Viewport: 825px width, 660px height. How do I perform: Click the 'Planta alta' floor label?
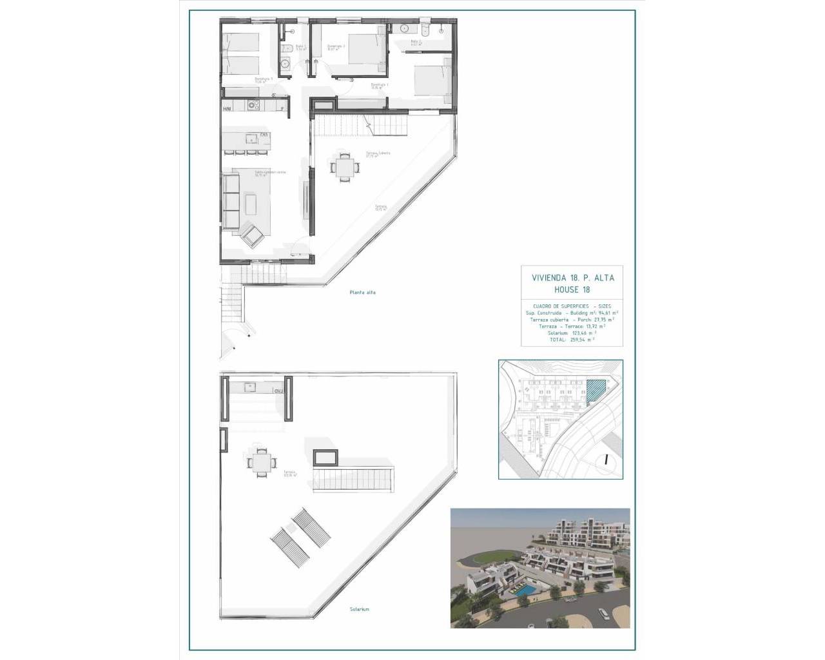[362, 293]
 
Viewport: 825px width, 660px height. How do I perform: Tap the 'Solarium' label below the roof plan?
[360, 609]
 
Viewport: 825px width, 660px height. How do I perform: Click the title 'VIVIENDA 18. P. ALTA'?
[572, 278]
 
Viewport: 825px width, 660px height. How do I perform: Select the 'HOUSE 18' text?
[572, 290]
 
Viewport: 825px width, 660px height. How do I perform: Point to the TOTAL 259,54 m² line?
[572, 339]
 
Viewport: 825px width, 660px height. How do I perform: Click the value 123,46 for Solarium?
[577, 333]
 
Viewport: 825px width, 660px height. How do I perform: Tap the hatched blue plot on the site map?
[596, 389]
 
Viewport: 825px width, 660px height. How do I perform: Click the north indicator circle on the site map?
[607, 460]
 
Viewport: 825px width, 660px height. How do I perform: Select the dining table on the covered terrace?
[342, 167]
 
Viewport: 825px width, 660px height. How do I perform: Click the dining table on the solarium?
[262, 462]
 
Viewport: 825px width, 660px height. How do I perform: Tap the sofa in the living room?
[231, 200]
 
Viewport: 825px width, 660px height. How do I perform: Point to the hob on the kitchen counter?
[254, 107]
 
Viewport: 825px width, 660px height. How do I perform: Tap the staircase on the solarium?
[353, 480]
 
